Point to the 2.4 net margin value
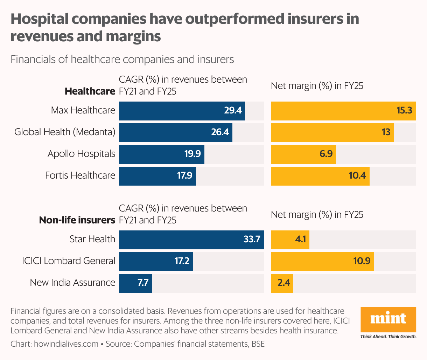click(x=284, y=283)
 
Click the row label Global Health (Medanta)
click(x=65, y=132)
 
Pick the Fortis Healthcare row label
click(x=80, y=175)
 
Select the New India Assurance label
click(x=72, y=283)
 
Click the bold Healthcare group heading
click(x=90, y=92)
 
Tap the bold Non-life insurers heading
click(x=77, y=220)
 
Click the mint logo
click(x=388, y=319)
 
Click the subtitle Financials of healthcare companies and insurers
click(x=122, y=59)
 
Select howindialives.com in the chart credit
click(x=66, y=344)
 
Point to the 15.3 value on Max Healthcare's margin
click(x=404, y=111)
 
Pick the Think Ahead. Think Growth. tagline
click(x=388, y=337)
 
